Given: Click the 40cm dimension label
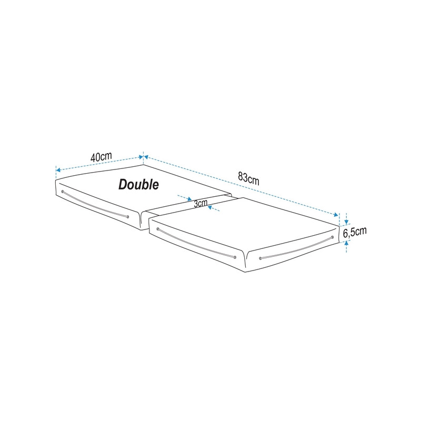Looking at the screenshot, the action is click(101, 157).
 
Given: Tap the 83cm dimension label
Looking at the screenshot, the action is click(248, 178).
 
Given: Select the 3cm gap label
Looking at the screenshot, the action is click(201, 204).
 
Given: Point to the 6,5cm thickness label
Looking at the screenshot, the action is click(355, 232).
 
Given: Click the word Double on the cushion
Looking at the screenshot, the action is click(138, 185).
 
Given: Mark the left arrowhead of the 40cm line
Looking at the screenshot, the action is click(58, 170).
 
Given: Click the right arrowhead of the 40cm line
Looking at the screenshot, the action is click(141, 157).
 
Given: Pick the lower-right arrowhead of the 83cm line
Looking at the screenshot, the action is click(336, 215).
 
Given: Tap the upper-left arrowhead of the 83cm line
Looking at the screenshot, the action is click(147, 157).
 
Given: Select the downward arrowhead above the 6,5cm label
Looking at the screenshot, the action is click(346, 222).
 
